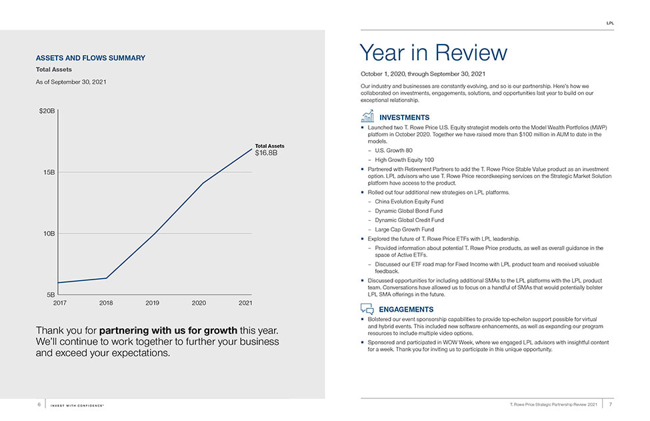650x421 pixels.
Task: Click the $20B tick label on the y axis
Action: pyautogui.click(x=47, y=111)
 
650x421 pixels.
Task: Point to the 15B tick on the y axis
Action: pyautogui.click(x=49, y=172)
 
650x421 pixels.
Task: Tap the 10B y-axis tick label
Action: pyautogui.click(x=49, y=234)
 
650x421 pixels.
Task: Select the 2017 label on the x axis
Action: pyautogui.click(x=60, y=303)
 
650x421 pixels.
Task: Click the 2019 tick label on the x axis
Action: pyautogui.click(x=152, y=303)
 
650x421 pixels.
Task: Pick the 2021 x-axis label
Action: pyautogui.click(x=245, y=303)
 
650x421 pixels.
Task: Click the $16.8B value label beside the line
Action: pyautogui.click(x=266, y=153)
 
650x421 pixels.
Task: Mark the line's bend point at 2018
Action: pyautogui.click(x=106, y=278)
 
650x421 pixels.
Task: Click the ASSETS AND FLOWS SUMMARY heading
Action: pyautogui.click(x=91, y=58)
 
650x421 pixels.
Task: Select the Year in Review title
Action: pyautogui.click(x=433, y=53)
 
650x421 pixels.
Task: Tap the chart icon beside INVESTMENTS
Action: pyautogui.click(x=367, y=116)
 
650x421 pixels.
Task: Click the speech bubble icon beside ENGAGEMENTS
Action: pyautogui.click(x=367, y=309)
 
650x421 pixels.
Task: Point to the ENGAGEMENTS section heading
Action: pyautogui.click(x=406, y=310)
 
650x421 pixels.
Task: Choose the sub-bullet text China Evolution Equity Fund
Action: pyautogui.click(x=409, y=201)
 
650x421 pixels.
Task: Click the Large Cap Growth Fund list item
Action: pyautogui.click(x=405, y=230)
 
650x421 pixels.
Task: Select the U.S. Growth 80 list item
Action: pyautogui.click(x=394, y=151)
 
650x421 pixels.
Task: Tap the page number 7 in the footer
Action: pyautogui.click(x=610, y=404)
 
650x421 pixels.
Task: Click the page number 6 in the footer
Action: pyautogui.click(x=39, y=404)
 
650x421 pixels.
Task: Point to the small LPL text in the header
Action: pyautogui.click(x=610, y=23)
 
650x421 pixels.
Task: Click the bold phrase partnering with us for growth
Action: pyautogui.click(x=168, y=330)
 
